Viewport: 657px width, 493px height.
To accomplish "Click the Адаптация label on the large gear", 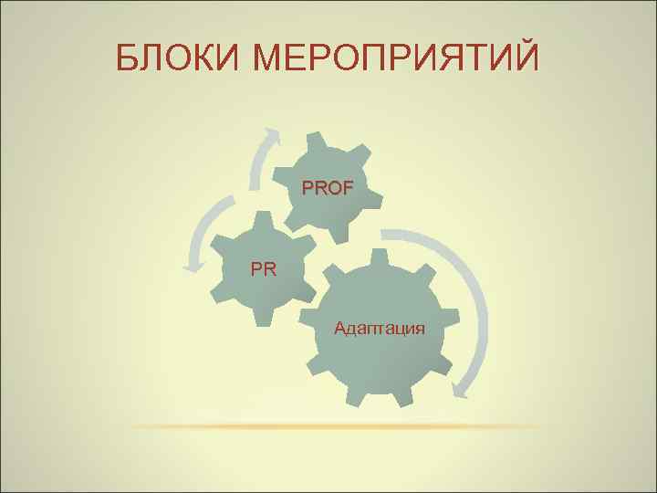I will [x=379, y=327].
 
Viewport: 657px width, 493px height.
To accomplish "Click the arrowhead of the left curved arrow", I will [x=193, y=267].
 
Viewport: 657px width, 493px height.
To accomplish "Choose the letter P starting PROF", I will [x=308, y=189].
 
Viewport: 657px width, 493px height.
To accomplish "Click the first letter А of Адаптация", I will [x=340, y=327].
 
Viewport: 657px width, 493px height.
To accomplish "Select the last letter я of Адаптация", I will [x=419, y=328].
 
